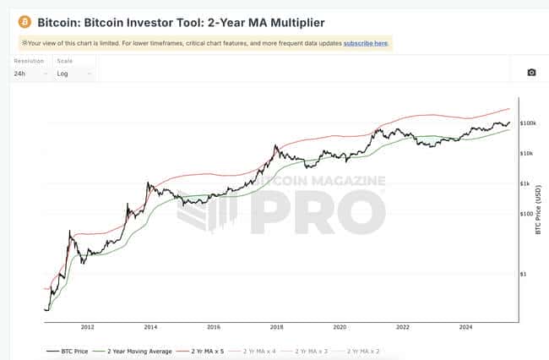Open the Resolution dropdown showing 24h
[x=30, y=73]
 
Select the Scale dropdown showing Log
[x=73, y=73]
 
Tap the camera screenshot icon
[x=531, y=73]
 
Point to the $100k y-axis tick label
[x=529, y=123]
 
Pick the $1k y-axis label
[x=526, y=183]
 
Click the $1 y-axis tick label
[x=524, y=274]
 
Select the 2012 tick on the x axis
[x=87, y=326]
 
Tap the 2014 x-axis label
[x=150, y=326]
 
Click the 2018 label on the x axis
[x=276, y=326]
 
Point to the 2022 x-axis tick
[x=403, y=326]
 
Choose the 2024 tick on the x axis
[x=465, y=326]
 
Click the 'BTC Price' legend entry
[x=67, y=350]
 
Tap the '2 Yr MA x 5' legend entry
[x=206, y=350]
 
